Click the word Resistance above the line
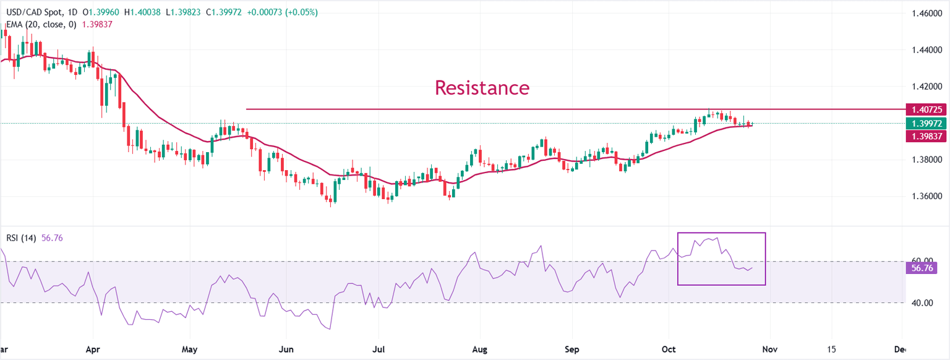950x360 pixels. [x=482, y=87]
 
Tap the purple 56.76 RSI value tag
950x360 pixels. [x=922, y=268]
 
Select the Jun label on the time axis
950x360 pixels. [x=286, y=349]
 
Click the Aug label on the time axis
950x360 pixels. [x=480, y=349]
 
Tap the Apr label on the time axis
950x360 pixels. [x=92, y=349]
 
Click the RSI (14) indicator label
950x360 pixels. [x=22, y=238]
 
